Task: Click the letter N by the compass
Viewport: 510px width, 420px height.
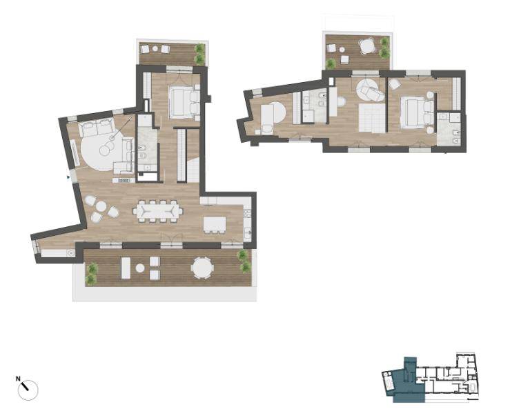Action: click(18, 379)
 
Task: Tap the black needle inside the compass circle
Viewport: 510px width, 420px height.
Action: click(25, 386)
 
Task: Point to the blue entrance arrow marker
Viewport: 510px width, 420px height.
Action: click(68, 177)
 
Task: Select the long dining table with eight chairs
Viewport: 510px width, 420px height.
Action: click(158, 211)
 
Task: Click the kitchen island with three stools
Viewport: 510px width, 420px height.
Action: click(215, 225)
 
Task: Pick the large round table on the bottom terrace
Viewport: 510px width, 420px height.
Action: click(202, 268)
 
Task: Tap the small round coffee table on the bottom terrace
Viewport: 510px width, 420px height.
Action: click(140, 268)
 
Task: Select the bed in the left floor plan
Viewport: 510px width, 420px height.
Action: click(184, 102)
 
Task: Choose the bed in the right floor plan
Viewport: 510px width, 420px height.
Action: click(417, 112)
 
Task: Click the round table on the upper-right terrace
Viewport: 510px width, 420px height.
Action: click(368, 46)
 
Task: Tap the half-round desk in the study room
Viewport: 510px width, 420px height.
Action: click(274, 114)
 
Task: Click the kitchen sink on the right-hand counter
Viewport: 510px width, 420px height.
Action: click(248, 233)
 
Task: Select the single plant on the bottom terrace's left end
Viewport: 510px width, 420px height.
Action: click(92, 272)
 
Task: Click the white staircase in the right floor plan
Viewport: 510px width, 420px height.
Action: click(371, 118)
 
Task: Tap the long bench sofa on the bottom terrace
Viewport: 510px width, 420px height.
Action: click(126, 268)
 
